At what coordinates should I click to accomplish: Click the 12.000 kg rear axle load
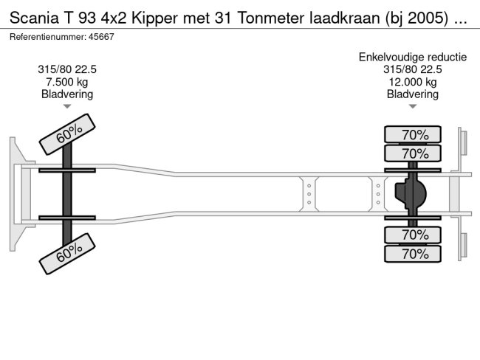[x=414, y=82]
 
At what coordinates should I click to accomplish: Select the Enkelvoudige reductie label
[x=414, y=57]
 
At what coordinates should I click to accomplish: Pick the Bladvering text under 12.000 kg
[x=414, y=94]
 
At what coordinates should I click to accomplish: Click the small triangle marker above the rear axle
[x=414, y=107]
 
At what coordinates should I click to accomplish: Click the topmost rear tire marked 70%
[x=413, y=134]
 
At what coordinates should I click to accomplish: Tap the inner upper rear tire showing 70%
[x=413, y=153]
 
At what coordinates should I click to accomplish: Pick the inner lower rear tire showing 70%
[x=413, y=235]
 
